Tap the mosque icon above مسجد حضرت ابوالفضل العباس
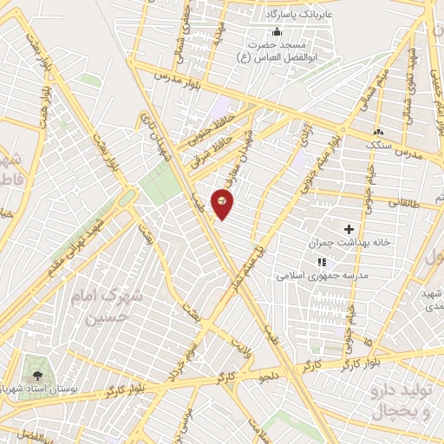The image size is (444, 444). click(277, 32)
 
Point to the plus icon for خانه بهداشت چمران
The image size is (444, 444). click(349, 230)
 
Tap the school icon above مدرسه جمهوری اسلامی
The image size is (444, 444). click(322, 262)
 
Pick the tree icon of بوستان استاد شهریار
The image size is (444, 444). click(37, 375)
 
